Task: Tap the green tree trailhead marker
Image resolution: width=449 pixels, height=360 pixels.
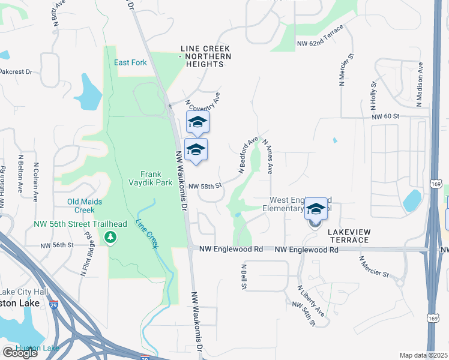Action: point(110,238)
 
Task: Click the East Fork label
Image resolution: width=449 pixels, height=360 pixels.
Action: point(131,62)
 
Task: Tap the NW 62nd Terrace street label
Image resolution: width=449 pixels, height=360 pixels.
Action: point(321,37)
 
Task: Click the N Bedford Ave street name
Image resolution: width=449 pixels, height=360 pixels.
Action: point(248,155)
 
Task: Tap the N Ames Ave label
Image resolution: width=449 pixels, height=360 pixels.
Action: point(267,157)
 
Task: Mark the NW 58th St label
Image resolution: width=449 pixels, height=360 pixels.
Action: point(205,187)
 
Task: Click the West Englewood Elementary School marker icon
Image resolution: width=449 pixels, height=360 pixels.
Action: point(315,210)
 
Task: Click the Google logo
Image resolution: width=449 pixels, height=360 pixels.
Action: point(20,353)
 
